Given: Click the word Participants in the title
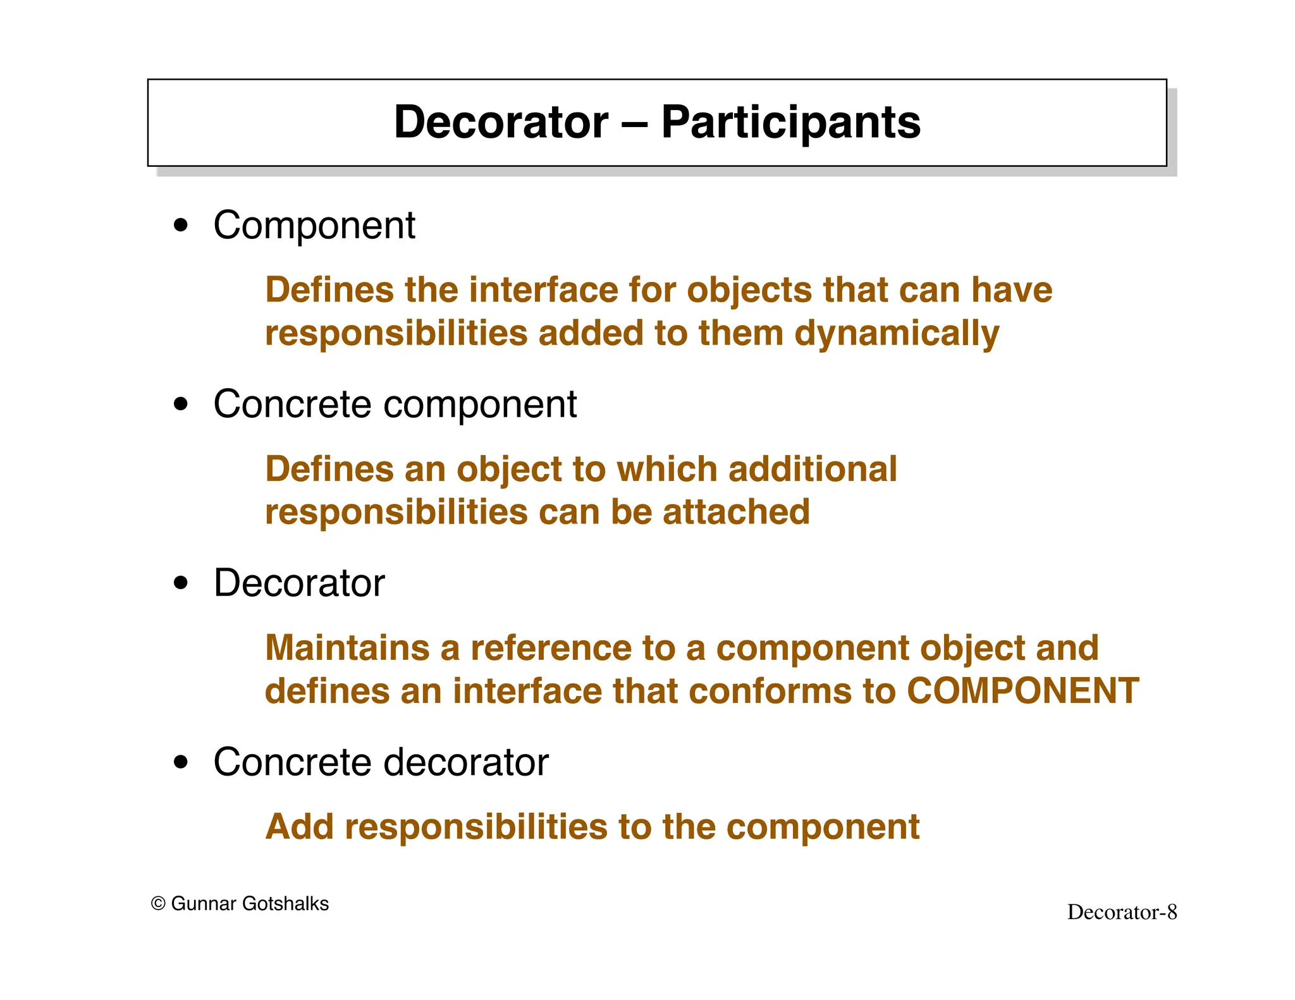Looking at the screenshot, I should [790, 123].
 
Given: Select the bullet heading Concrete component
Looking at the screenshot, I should [395, 404].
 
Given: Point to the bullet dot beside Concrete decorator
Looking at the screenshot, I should [181, 762].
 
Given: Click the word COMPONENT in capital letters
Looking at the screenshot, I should [1022, 690].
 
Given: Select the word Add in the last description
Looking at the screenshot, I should [299, 827].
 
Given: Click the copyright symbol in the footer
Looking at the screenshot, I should [158, 904].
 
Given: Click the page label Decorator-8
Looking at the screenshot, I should [1122, 912].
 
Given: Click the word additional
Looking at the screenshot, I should [813, 469].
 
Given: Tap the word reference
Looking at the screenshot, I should [550, 648].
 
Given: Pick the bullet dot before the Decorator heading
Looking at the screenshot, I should [181, 583].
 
